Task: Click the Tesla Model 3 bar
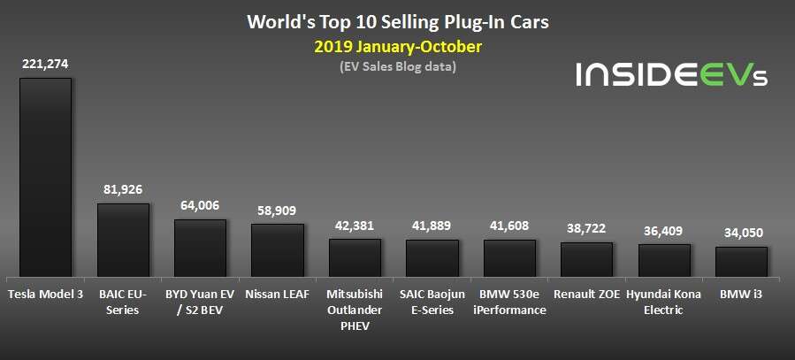tap(45, 177)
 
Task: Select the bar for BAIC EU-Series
tap(123, 240)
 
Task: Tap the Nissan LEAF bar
tap(278, 249)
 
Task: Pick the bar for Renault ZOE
tap(586, 259)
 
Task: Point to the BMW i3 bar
tap(741, 261)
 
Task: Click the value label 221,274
tap(45, 64)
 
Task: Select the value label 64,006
tap(200, 205)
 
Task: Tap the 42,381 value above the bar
tap(355, 225)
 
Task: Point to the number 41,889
tap(432, 226)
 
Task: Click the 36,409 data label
tap(663, 230)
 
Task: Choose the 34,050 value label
tap(741, 233)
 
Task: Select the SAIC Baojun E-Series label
tap(432, 302)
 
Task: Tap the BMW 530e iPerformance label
tap(509, 302)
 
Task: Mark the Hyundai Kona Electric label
tap(663, 302)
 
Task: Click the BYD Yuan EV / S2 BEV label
tap(200, 302)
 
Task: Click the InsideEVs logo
tap(671, 74)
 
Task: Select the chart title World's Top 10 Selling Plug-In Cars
tap(397, 19)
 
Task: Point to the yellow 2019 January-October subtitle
tap(397, 45)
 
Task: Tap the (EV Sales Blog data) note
tap(397, 66)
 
